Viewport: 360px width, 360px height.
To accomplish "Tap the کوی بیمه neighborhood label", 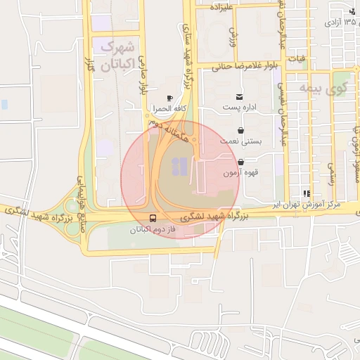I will pos(323,89).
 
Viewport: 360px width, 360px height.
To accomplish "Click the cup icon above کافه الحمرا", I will pos(169,98).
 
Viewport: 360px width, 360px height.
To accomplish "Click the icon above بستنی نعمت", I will pos(242,131).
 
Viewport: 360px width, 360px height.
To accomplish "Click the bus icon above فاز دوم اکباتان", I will pos(153,218).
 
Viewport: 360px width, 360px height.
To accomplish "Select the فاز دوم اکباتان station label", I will pos(152,230).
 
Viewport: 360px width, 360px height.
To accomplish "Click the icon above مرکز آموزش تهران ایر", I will pos(306,193).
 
